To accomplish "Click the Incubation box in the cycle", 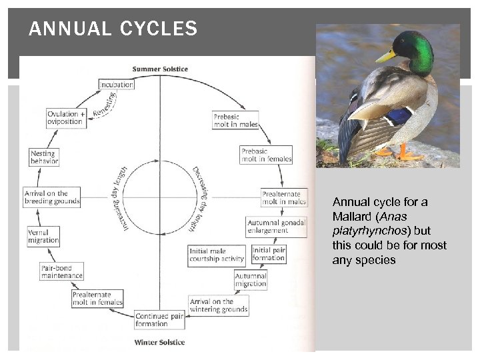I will point(116,85).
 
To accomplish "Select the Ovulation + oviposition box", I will point(67,118).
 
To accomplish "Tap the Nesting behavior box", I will point(44,157).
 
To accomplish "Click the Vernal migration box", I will point(43,237).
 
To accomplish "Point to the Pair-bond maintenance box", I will point(62,272).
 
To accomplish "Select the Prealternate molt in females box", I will point(97,298).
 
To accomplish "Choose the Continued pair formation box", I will point(159,320).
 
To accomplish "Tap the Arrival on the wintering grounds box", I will point(219,305).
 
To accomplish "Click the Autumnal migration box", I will point(251,280).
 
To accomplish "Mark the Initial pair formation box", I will point(269,254).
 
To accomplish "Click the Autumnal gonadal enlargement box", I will point(276,227).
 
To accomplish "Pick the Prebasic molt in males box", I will point(235,121).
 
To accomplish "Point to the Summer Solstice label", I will point(160,69).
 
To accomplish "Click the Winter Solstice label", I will point(160,343).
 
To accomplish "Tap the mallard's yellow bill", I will point(385,56).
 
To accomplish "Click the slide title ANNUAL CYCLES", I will point(113,29).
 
